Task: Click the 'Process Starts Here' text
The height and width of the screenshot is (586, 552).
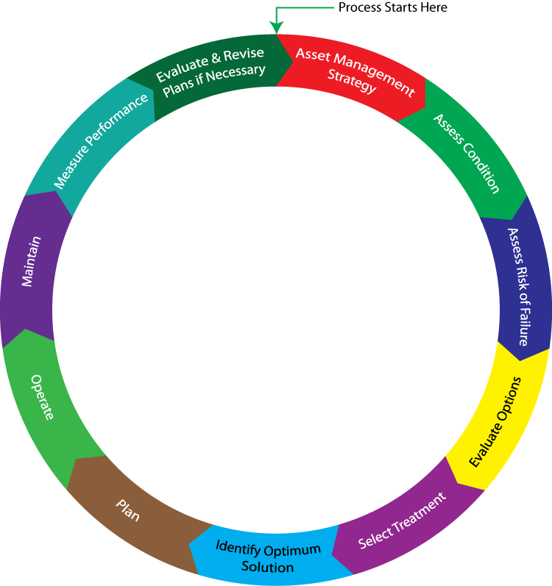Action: coord(392,7)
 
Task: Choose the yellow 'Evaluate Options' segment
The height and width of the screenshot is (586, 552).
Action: coord(498,423)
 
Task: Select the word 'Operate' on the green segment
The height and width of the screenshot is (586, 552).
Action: coord(42,397)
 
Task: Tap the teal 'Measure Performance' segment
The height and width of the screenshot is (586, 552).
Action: coord(100,143)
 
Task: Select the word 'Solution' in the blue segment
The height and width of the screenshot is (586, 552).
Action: coord(268,567)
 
